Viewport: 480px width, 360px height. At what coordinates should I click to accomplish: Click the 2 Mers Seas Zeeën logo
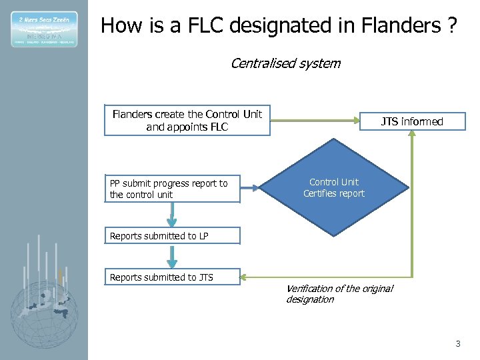pos(44,29)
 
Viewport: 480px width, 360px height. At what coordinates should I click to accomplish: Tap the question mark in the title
pos(451,26)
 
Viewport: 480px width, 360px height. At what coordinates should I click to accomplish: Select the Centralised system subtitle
pos(285,64)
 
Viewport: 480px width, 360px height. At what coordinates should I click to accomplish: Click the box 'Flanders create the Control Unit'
pos(187,120)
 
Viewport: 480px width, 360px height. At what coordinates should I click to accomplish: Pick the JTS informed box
pos(411,121)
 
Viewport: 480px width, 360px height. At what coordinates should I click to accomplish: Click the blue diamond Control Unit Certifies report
pos(333,188)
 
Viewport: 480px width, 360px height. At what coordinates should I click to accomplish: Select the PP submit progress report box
pos(172,189)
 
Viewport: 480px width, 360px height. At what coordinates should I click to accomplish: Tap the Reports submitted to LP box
pos(172,236)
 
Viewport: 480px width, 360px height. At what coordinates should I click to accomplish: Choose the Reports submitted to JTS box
pos(172,277)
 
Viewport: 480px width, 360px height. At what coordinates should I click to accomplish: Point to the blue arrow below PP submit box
pos(172,214)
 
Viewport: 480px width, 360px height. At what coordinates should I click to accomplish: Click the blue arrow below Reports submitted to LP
pos(172,256)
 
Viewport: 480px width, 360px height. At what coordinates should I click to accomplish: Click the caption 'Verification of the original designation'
pos(339,294)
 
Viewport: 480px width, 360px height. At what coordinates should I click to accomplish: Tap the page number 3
pos(457,344)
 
